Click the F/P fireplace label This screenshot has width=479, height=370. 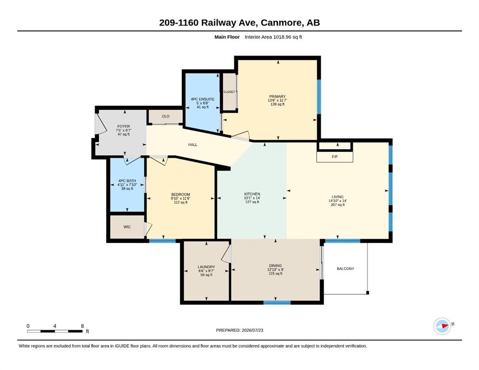coord(334,157)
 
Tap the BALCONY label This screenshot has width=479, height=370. coord(345,268)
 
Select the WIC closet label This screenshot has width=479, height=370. coord(127,226)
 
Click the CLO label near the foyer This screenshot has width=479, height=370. coord(165,116)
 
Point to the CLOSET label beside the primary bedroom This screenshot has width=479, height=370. coord(230,92)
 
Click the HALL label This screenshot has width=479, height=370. coord(193,145)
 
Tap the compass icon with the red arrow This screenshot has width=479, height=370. coord(442,326)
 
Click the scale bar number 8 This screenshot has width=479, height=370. coord(82,326)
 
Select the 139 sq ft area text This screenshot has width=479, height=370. coord(277,105)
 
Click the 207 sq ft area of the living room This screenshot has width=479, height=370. coord(338,205)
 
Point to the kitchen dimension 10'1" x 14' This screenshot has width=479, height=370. coord(252,198)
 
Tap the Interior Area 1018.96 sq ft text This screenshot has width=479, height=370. coord(274,37)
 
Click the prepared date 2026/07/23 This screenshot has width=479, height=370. coord(252,330)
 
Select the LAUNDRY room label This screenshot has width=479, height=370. coord(206,267)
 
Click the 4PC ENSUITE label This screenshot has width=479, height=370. coord(203,99)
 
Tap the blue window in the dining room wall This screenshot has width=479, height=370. coord(277,303)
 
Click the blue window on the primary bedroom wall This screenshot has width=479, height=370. coord(319,97)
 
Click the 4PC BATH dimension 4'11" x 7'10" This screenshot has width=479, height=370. coord(127,185)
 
